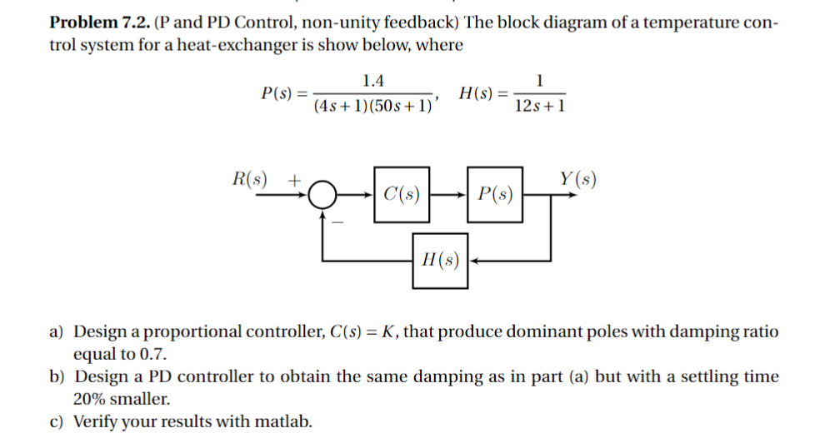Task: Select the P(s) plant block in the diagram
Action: pos(495,196)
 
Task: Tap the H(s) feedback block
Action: pos(440,260)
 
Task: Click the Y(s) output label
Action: pos(577,178)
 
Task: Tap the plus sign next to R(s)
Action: pos(293,180)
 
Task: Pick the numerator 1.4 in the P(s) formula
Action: pos(373,82)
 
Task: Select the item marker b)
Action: pos(57,377)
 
